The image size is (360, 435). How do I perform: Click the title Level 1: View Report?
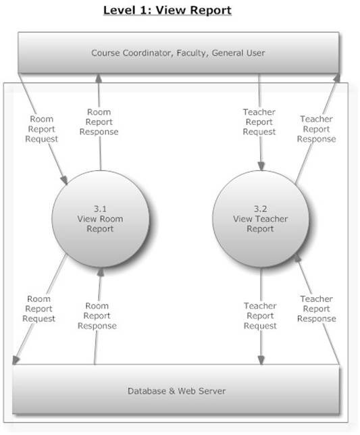click(167, 11)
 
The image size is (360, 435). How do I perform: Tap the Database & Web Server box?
click(176, 390)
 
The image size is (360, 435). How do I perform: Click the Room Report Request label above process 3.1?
click(42, 128)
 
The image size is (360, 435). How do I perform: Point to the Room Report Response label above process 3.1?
click(100, 122)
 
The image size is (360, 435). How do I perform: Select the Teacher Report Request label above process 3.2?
click(259, 122)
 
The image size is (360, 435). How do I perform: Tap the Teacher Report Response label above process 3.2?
click(317, 129)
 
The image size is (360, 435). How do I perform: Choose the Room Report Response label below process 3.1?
click(97, 315)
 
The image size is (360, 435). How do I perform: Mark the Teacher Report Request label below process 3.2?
click(260, 315)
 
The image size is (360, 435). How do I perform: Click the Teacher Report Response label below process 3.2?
click(317, 308)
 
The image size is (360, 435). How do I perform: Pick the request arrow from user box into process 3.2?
click(260, 152)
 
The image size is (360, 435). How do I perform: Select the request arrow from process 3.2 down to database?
click(260, 344)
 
